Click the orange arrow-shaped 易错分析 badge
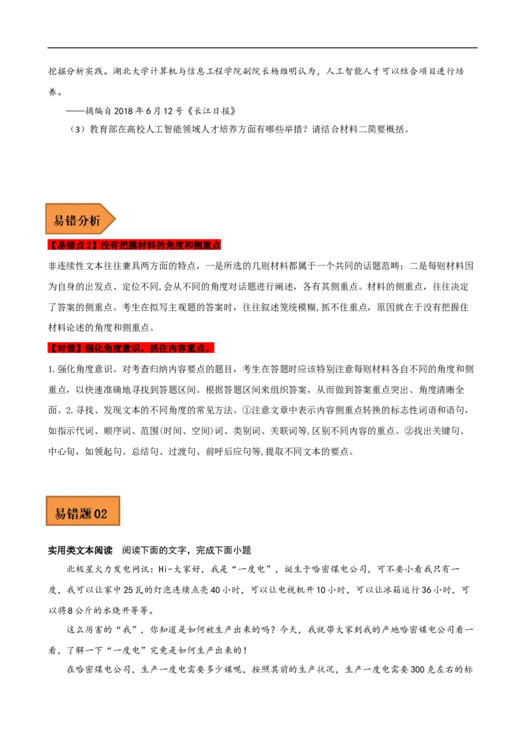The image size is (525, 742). tap(79, 220)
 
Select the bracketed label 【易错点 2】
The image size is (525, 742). tap(73, 245)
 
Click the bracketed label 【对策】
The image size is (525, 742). tap(65, 349)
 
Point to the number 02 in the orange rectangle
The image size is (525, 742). tap(100, 514)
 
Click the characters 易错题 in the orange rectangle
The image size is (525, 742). tap(73, 514)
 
